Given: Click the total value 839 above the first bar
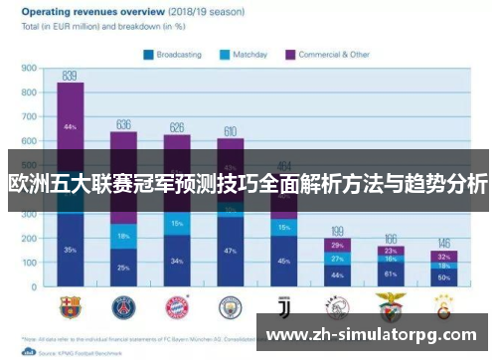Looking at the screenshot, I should [x=70, y=76].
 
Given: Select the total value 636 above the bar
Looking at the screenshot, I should [x=123, y=124].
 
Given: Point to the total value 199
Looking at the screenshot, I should [x=338, y=230].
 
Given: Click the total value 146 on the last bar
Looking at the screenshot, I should [x=444, y=243].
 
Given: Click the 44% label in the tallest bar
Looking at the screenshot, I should [x=70, y=127].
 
